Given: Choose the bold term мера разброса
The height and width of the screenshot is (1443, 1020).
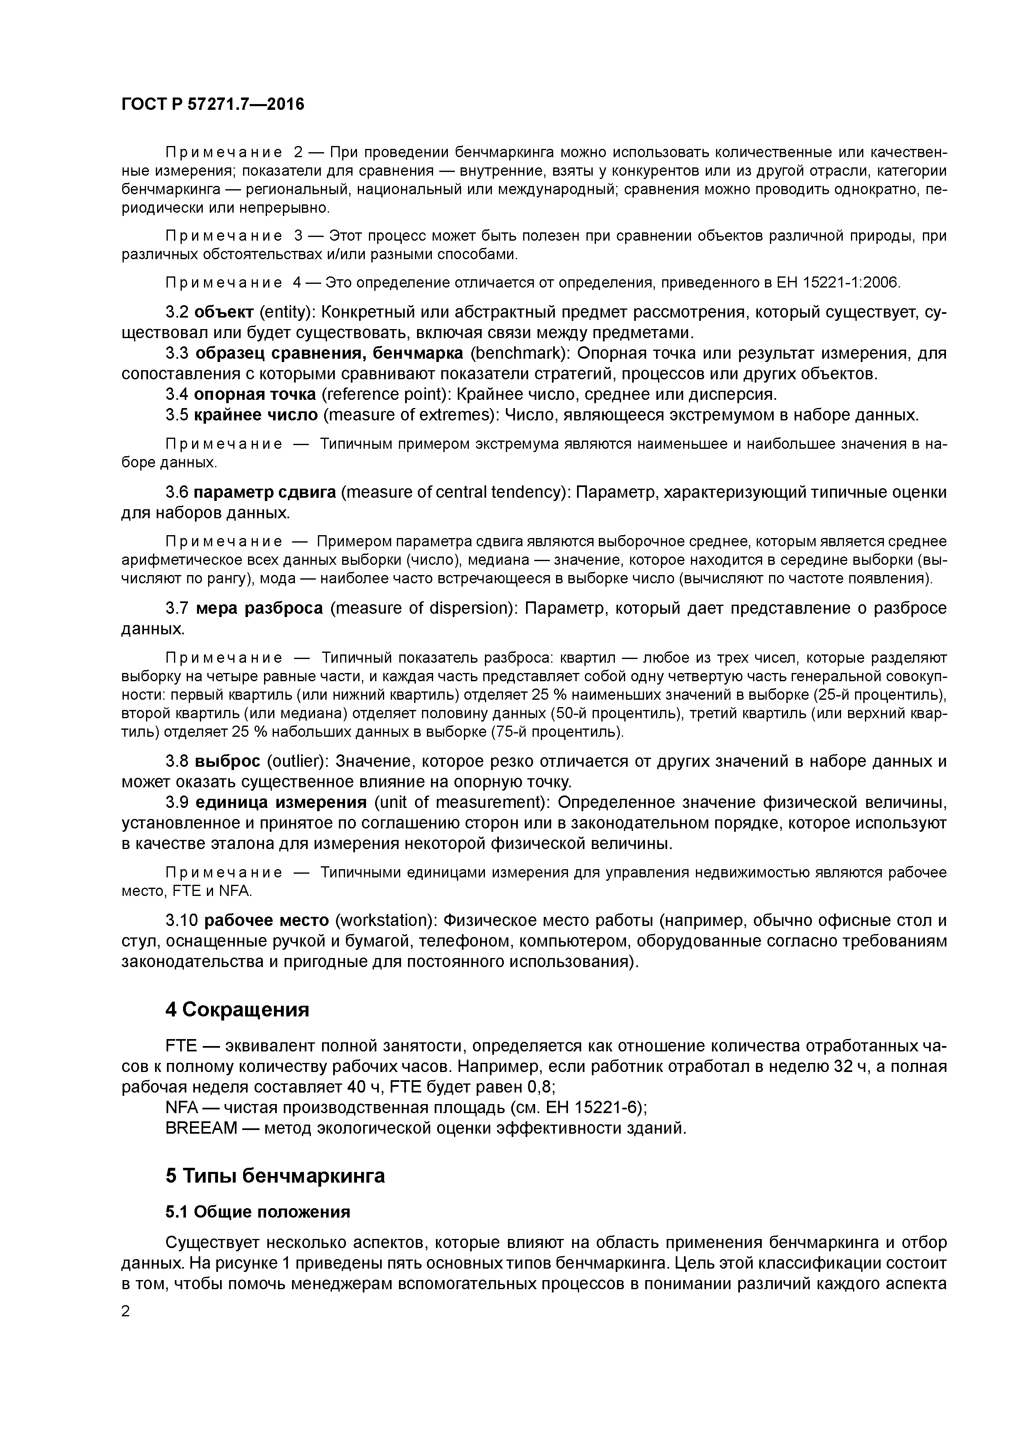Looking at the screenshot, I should pyautogui.click(x=259, y=608).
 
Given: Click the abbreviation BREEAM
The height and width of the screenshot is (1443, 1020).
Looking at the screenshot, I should pyautogui.click(x=201, y=1128).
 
